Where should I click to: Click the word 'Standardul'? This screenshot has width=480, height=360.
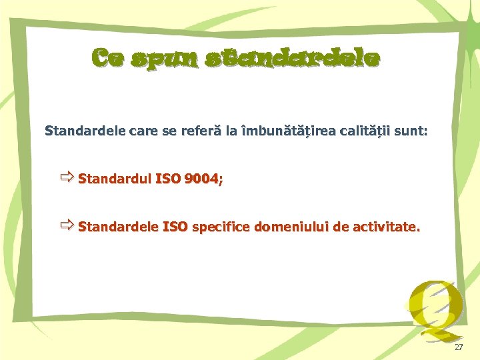[x=114, y=179]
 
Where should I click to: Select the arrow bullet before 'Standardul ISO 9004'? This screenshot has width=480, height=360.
[x=66, y=177]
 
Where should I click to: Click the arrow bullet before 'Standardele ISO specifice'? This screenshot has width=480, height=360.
[x=66, y=226]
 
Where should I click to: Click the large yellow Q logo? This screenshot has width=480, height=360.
[x=433, y=307]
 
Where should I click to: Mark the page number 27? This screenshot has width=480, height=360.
[x=458, y=348]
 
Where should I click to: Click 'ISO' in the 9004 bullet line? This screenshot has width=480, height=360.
[x=167, y=179]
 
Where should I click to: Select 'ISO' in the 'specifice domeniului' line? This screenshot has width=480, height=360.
[x=174, y=227]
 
